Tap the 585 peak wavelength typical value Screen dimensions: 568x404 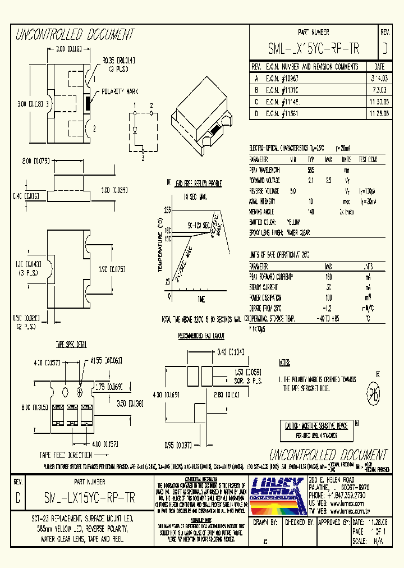(310, 170)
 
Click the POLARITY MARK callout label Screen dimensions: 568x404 (116, 91)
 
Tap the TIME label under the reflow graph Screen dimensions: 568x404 (201, 298)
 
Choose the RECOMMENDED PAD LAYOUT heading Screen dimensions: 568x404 (201, 336)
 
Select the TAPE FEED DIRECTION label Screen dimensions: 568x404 (66, 455)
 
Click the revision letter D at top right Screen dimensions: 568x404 (385, 49)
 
